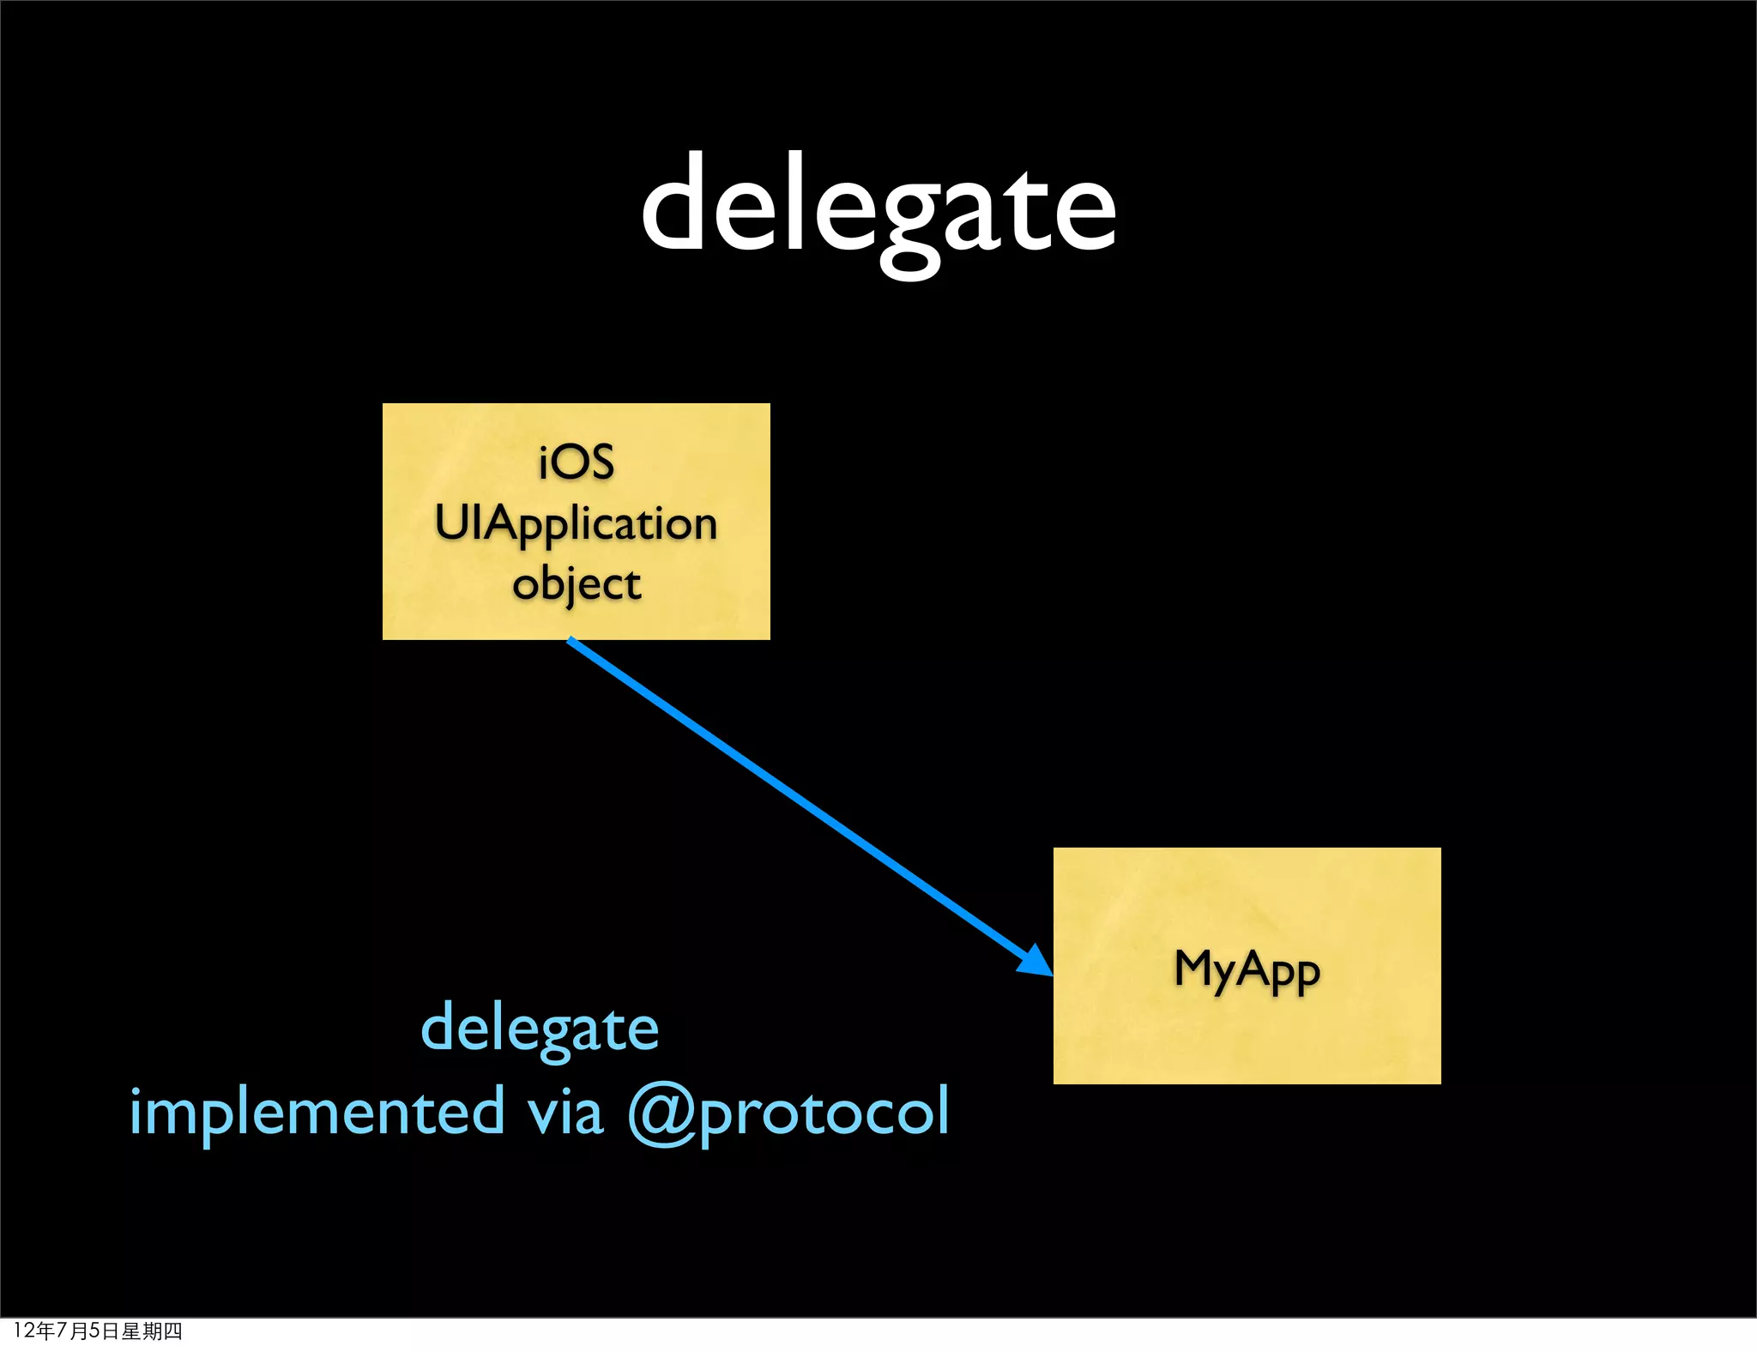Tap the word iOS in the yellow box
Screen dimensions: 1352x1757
point(577,462)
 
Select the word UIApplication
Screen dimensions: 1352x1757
point(576,523)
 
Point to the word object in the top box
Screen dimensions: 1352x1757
point(577,585)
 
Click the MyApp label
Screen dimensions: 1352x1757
point(1247,969)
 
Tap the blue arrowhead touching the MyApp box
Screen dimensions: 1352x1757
point(1036,962)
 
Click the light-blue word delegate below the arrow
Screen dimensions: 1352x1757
point(540,1029)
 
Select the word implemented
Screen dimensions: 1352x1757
point(317,1112)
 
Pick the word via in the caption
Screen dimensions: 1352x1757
point(565,1112)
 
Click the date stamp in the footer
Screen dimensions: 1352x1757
point(98,1331)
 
